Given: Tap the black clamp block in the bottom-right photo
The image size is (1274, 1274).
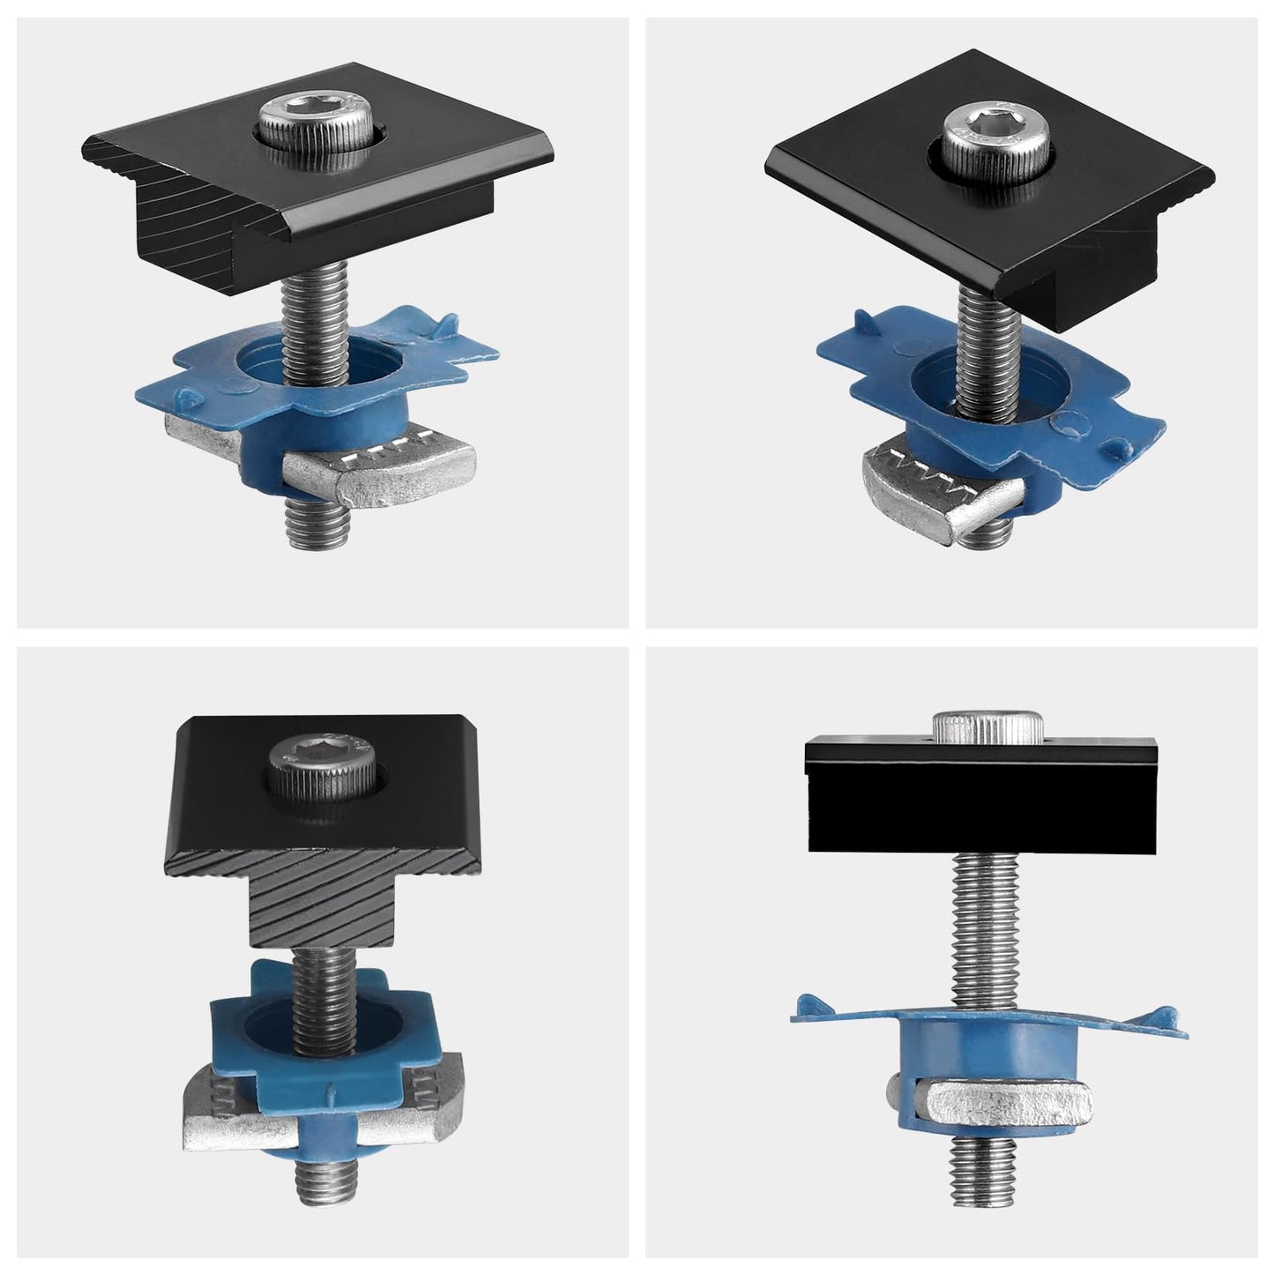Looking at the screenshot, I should tap(987, 811).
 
